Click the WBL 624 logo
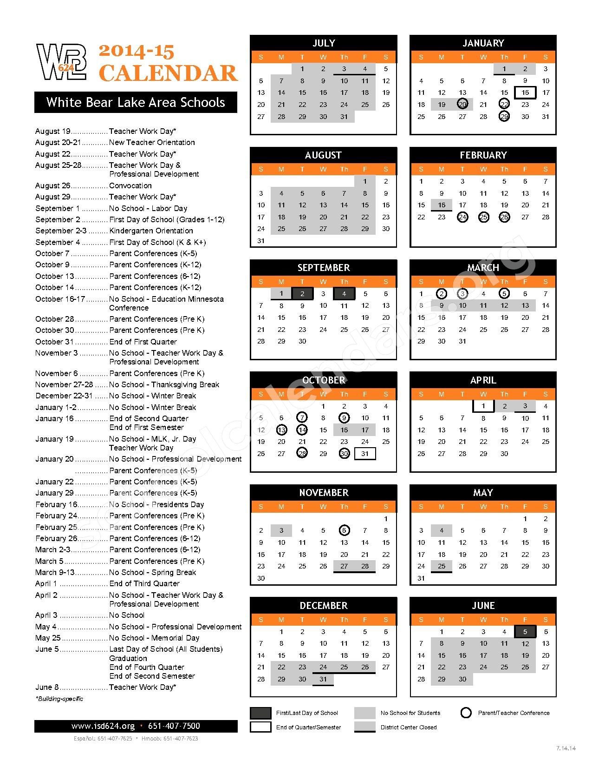click(x=62, y=62)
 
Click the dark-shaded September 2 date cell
click(x=302, y=294)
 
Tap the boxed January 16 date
click(x=525, y=93)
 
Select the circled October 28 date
click(x=302, y=454)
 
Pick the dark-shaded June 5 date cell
click(x=525, y=632)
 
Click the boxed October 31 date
click(x=365, y=454)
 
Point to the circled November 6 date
click(x=344, y=530)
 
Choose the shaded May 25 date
click(x=442, y=566)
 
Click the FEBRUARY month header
click(x=483, y=155)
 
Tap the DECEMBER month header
click(x=324, y=606)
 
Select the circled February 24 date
click(x=462, y=217)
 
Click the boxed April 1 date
click(x=483, y=406)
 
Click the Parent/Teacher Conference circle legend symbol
click(x=466, y=713)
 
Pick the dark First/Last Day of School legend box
click(x=260, y=713)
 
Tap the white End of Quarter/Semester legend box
click(x=260, y=727)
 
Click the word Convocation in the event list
click(x=130, y=185)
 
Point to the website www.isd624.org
click(x=103, y=726)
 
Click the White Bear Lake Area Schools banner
click(x=136, y=103)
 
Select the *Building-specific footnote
click(x=59, y=699)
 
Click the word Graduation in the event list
click(x=128, y=658)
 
